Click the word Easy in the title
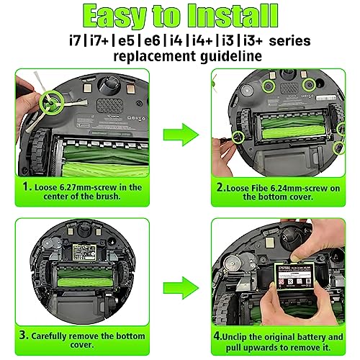coord(120,15)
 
